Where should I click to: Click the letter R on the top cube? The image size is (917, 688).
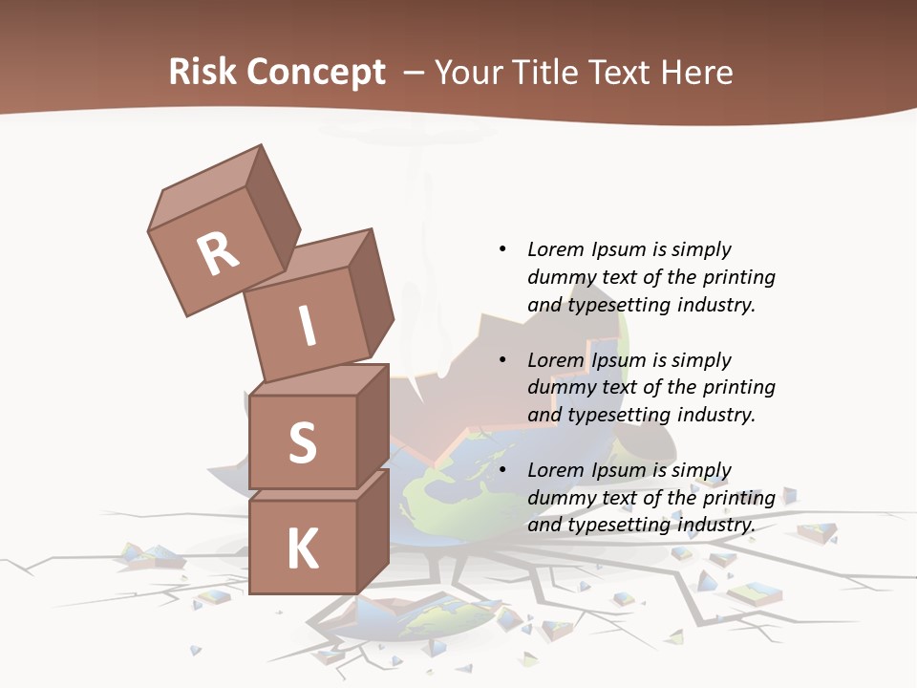[x=218, y=253]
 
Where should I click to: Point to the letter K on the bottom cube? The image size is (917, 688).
[x=303, y=549]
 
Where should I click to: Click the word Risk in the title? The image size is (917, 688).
[x=203, y=72]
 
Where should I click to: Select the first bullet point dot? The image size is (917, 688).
[x=502, y=249]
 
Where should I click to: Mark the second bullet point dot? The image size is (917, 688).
[x=502, y=360]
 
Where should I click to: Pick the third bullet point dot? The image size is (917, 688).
[x=502, y=470]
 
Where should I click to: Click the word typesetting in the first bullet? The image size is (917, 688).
[x=620, y=306]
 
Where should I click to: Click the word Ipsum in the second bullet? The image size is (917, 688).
[x=621, y=360]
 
